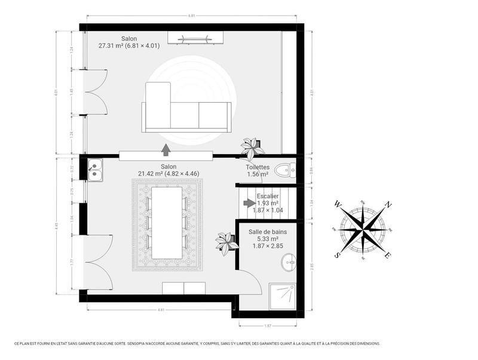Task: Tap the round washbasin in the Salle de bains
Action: coord(289,261)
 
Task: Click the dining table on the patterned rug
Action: coord(167,223)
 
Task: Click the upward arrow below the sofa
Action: coord(166,149)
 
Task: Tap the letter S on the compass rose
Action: coord(338,255)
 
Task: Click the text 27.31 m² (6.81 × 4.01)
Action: coord(129,46)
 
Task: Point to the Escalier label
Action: coord(267,196)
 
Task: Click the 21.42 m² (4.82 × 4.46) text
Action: coord(168,174)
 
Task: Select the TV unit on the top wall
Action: coord(196,39)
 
